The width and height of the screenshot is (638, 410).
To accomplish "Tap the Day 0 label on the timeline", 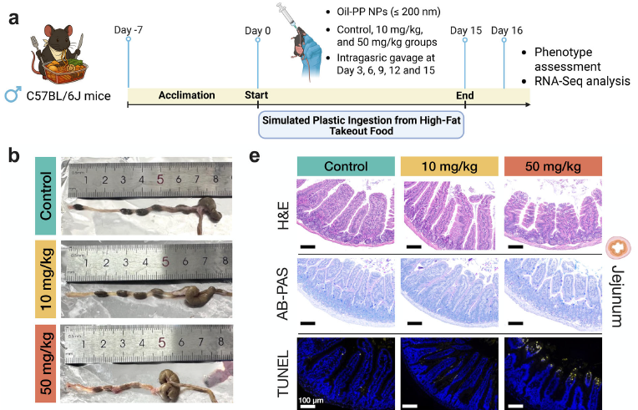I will pyautogui.click(x=257, y=31).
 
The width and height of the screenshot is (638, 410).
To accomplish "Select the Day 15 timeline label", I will pyautogui.click(x=464, y=31).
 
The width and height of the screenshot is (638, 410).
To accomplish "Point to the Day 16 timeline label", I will pyautogui.click(x=505, y=31).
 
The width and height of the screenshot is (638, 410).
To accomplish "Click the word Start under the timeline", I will pyautogui.click(x=256, y=95).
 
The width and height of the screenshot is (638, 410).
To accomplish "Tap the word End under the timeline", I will pyautogui.click(x=464, y=95).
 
